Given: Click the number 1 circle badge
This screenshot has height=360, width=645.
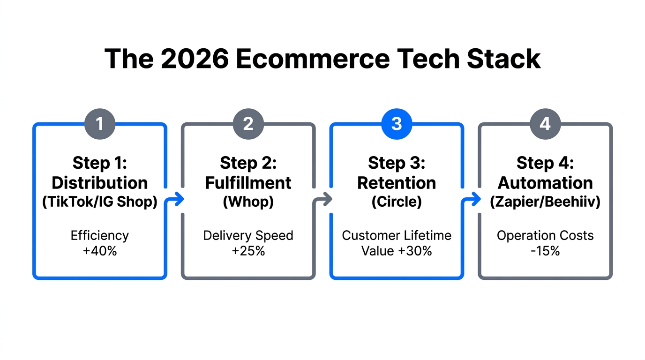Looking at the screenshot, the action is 99,124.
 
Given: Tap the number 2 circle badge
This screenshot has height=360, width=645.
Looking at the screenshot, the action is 248,124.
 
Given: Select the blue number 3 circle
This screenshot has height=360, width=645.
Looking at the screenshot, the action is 397,124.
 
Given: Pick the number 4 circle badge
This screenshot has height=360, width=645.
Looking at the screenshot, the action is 545,124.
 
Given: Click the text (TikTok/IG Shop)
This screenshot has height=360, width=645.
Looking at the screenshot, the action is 99,202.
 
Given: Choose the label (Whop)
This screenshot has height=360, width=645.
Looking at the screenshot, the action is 248,202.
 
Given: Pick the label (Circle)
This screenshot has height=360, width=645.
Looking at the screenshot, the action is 397,202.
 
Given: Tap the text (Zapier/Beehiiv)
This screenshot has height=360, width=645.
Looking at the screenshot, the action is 545,202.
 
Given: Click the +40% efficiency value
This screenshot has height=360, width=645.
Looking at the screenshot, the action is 99,251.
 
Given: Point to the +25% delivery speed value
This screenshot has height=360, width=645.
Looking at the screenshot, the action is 248,251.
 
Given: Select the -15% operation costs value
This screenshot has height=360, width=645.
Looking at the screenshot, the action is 545,251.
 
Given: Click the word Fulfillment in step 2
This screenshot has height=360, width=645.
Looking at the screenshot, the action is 248,183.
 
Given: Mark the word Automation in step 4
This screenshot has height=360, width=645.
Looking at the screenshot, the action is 545,183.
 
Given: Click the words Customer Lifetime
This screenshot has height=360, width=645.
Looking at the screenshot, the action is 397,235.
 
